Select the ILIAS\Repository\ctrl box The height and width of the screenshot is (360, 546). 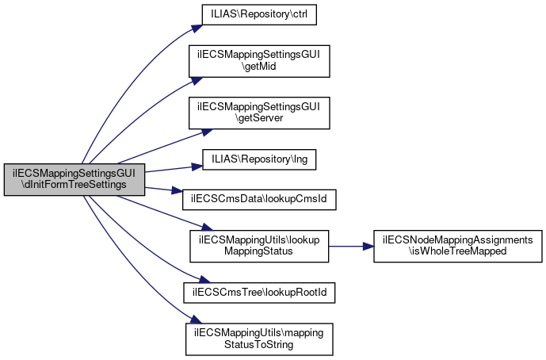coord(259,15)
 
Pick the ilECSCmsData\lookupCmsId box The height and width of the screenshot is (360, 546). coord(259,198)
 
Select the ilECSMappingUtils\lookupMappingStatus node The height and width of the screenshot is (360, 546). coord(259,246)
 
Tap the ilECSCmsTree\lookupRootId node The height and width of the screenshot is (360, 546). coord(259,293)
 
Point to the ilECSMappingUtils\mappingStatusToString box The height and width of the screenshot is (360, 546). coord(259,338)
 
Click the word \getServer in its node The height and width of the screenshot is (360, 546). coord(259,118)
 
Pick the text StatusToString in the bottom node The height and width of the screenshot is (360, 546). coord(259,344)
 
